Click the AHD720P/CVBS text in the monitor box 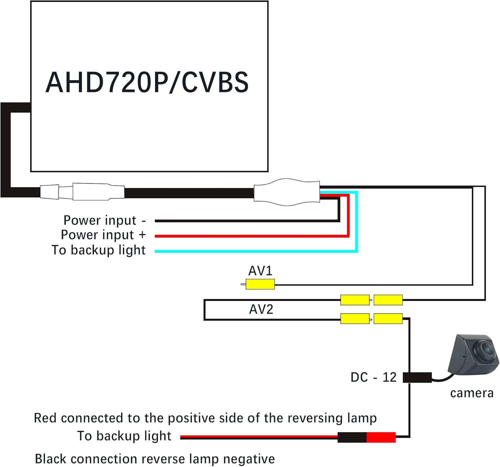click(147, 82)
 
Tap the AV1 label click(260, 271)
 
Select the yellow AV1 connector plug click(260, 284)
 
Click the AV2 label click(261, 309)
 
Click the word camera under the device click(472, 393)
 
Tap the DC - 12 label click(373, 377)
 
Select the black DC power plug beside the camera click(417, 378)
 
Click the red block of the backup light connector click(381, 437)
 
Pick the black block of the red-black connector click(352, 437)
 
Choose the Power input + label click(103, 235)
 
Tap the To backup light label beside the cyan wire click(99, 250)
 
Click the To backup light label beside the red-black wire click(124, 436)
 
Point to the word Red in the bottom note click(45, 418)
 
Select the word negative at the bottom click(249, 459)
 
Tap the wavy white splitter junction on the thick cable click(287, 192)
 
